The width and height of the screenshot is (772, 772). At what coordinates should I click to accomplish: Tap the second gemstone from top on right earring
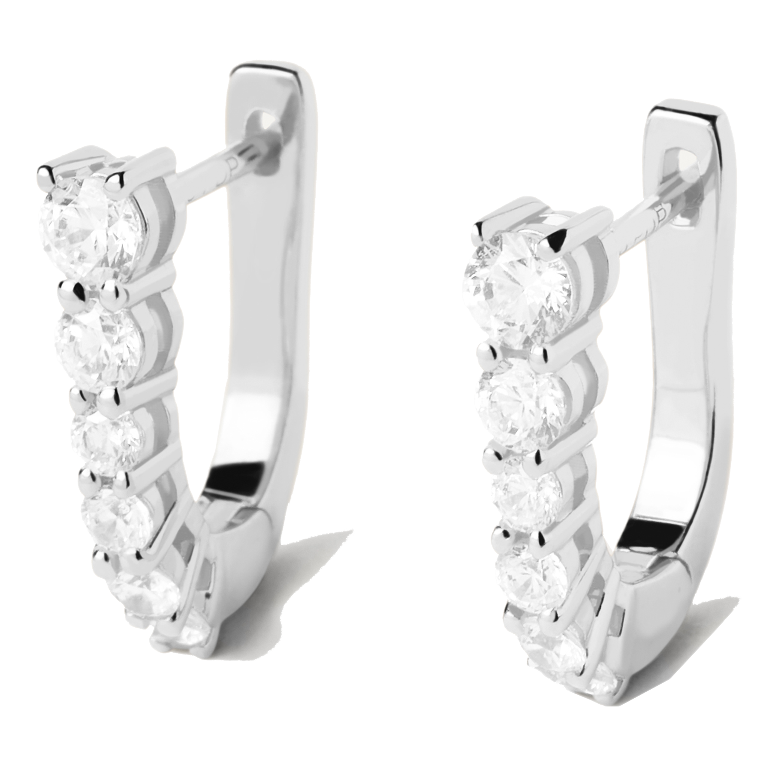click(525, 403)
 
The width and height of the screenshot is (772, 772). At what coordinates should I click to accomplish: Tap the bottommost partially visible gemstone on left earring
click(182, 637)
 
